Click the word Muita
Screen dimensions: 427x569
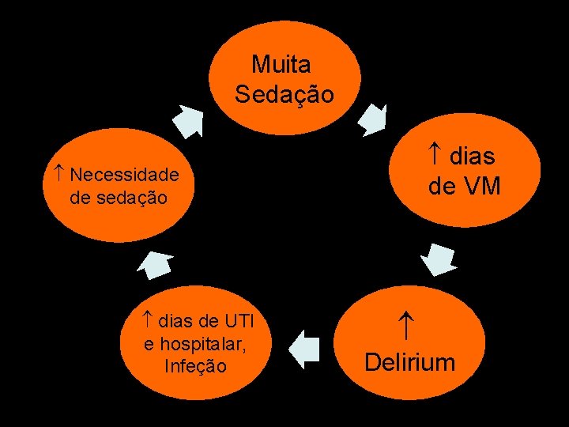281,63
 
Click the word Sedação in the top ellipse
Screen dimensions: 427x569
284,95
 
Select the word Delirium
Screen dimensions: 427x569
410,363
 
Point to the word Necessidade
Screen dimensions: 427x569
129,174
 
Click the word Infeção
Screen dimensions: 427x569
195,366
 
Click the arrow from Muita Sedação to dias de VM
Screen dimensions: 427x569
371,119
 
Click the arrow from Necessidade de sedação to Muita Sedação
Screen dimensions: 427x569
190,120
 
